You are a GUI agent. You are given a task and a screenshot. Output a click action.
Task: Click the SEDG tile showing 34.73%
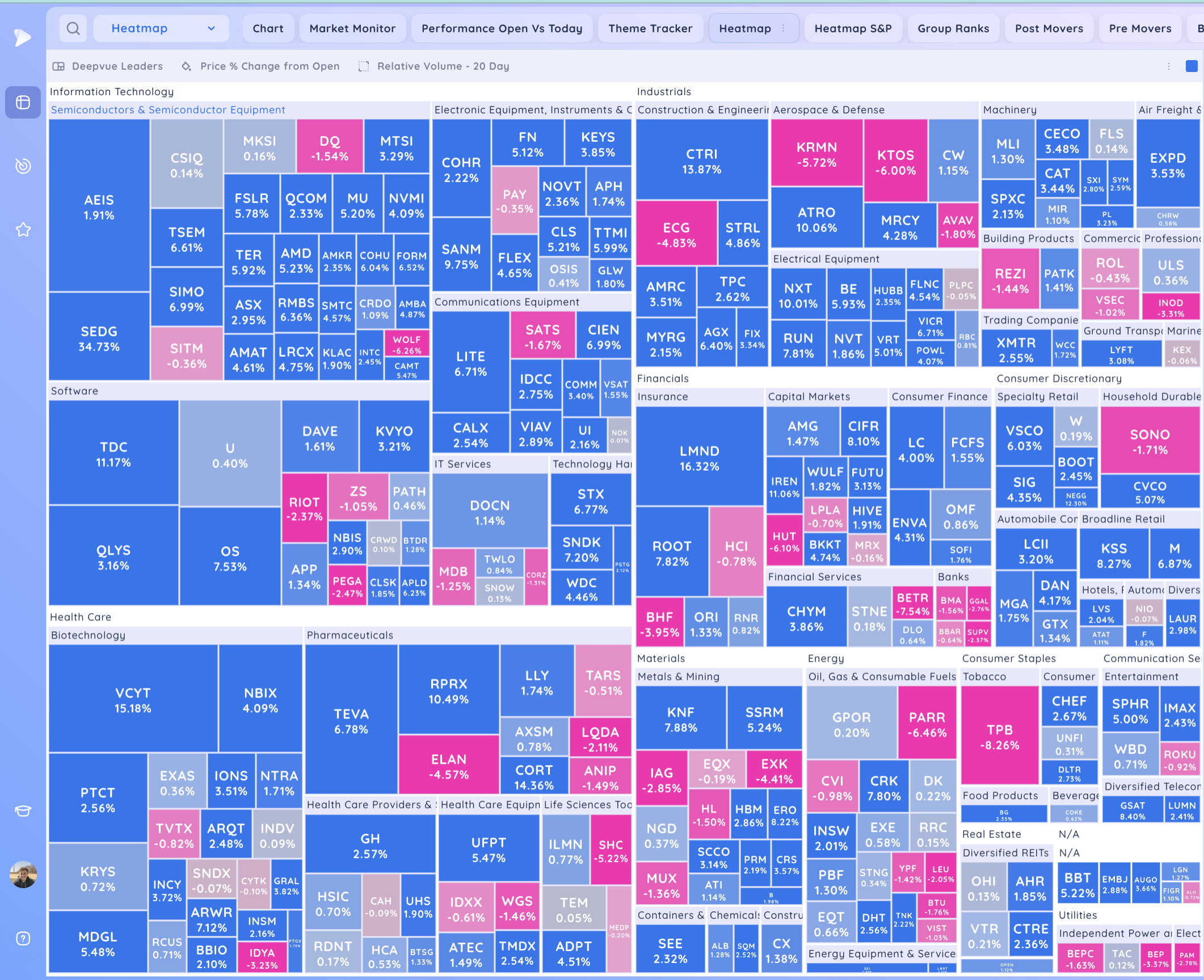tap(99, 338)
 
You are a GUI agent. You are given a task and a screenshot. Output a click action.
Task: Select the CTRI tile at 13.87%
tap(701, 161)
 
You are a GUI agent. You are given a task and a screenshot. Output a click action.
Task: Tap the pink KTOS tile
tap(895, 162)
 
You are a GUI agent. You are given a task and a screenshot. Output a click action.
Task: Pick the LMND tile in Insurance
tap(699, 458)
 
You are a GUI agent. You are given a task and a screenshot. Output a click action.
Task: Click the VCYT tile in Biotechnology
tap(133, 700)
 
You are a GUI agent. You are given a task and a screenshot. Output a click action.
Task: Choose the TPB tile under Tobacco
tap(999, 737)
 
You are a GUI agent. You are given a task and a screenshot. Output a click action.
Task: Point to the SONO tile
tap(1150, 441)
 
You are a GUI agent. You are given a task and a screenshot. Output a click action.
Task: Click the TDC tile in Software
tap(113, 454)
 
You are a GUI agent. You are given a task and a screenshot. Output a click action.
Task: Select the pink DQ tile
tap(330, 147)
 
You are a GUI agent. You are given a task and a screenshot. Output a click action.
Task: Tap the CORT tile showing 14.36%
tap(534, 777)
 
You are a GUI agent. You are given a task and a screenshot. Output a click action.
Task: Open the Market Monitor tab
tap(352, 28)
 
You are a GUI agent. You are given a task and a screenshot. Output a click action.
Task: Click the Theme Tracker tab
tap(650, 28)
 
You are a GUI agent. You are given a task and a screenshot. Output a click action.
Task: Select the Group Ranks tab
tap(953, 28)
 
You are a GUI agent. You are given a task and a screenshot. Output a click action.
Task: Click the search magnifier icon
tap(73, 28)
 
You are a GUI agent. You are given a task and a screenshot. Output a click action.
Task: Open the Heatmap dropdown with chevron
tap(162, 28)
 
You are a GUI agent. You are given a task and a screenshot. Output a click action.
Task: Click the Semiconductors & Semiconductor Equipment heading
tap(168, 110)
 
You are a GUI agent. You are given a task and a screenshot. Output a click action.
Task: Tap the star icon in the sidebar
tap(23, 230)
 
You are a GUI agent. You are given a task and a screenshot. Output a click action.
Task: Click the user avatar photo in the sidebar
tap(23, 874)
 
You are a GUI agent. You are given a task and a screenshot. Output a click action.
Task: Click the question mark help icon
tap(23, 939)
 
